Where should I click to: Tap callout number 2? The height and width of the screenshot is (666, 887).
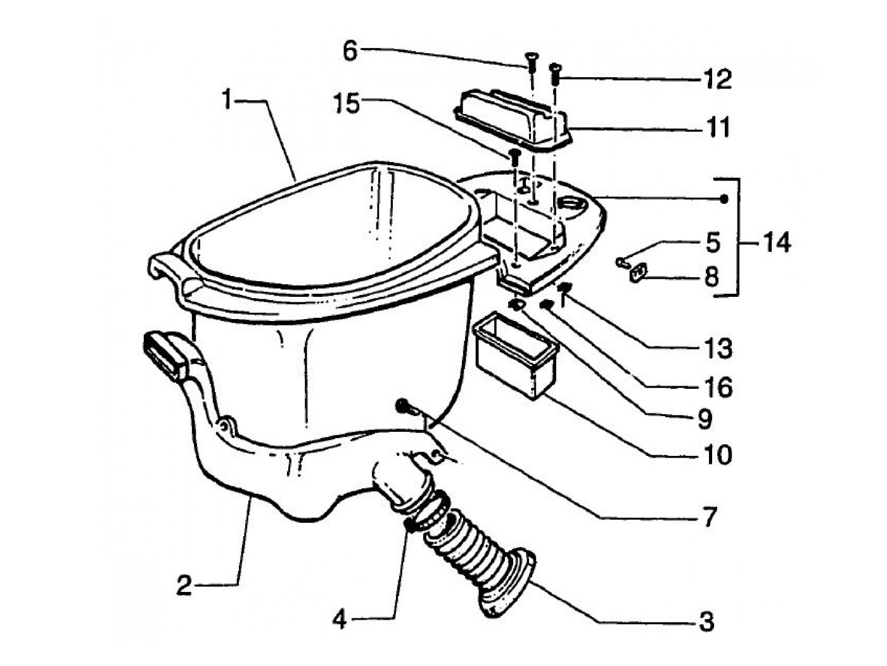click(x=184, y=585)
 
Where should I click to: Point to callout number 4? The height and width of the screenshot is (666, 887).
click(x=340, y=620)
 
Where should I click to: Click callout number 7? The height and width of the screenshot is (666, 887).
click(x=709, y=517)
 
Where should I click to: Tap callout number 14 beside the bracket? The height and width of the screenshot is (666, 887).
click(x=776, y=242)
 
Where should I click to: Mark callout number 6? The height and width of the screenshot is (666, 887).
click(x=350, y=51)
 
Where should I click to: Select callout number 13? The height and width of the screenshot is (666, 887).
click(x=718, y=348)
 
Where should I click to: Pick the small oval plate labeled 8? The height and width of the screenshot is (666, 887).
click(x=638, y=272)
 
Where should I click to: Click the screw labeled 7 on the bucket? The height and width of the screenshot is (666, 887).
click(x=403, y=406)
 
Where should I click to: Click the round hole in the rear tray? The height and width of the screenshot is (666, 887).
click(x=571, y=204)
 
